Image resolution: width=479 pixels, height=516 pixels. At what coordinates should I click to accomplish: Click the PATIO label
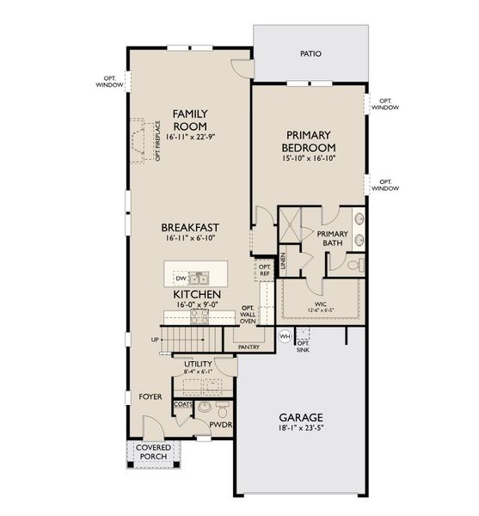pyautogui.click(x=310, y=53)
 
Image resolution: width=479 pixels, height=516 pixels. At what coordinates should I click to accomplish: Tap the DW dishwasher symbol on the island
pyautogui.click(x=181, y=279)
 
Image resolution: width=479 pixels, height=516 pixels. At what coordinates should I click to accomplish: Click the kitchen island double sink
pyautogui.click(x=200, y=278)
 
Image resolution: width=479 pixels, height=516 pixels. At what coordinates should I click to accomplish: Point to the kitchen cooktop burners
pyautogui.click(x=199, y=315)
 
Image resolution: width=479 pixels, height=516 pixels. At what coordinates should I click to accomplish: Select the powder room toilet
pyautogui.click(x=222, y=408)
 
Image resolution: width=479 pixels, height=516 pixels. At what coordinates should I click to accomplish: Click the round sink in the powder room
pyautogui.click(x=205, y=408)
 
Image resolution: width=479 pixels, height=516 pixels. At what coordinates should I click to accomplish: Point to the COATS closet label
pyautogui.click(x=182, y=402)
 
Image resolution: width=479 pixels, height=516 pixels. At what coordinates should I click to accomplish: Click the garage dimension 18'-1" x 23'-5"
pyautogui.click(x=301, y=427)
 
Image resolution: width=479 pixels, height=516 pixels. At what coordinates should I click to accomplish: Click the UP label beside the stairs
pyautogui.click(x=156, y=340)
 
